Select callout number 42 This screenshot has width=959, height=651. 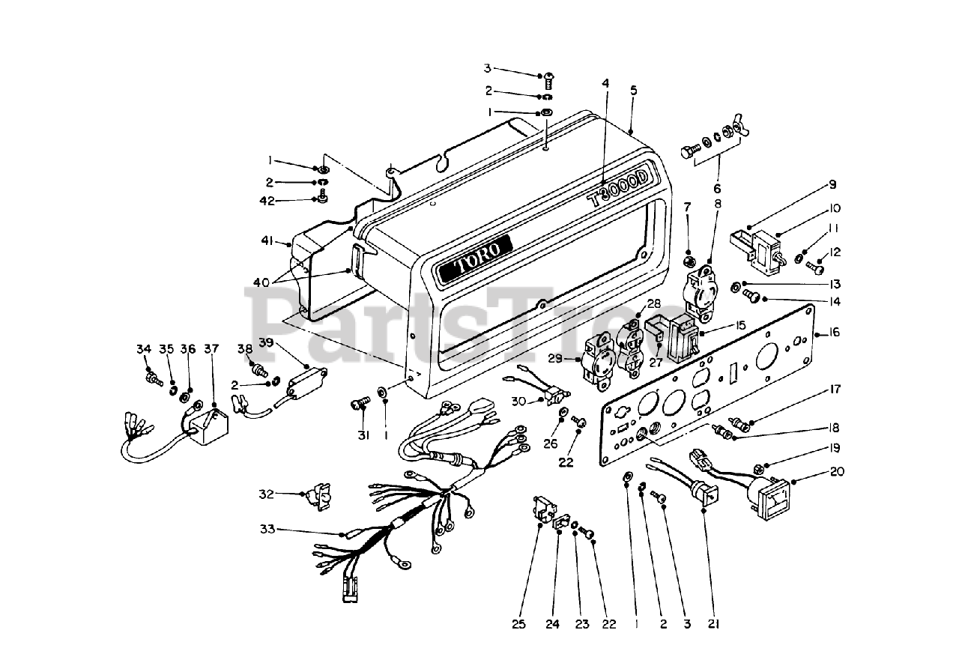click(288, 201)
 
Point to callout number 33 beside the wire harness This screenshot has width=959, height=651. click(268, 530)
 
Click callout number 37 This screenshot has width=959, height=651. click(211, 348)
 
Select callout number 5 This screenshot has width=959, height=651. click(633, 90)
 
